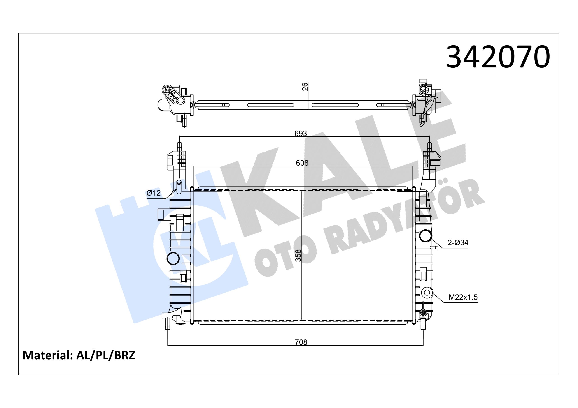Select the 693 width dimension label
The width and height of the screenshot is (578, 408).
tap(301, 134)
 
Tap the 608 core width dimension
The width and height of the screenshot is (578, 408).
tap(302, 163)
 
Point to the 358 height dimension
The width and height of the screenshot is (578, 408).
tap(298, 255)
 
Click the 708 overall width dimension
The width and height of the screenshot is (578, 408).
tap(301, 342)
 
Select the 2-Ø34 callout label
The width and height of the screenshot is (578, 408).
tap(458, 243)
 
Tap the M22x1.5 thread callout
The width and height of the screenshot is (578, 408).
tap(463, 297)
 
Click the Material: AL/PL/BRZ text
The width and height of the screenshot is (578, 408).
tap(79, 355)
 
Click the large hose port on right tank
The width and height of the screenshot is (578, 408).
tap(425, 236)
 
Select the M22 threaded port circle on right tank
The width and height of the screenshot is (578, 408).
tap(427, 292)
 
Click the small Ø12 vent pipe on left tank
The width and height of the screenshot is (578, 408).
tap(179, 187)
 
